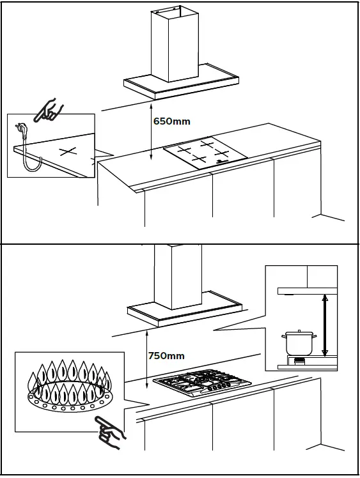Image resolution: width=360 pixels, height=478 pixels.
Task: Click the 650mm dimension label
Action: [x=172, y=121]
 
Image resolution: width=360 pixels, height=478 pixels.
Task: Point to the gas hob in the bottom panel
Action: [x=201, y=385]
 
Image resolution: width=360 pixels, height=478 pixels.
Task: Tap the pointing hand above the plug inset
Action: [x=49, y=109]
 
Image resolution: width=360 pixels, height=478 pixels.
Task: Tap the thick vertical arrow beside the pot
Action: [x=325, y=325]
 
